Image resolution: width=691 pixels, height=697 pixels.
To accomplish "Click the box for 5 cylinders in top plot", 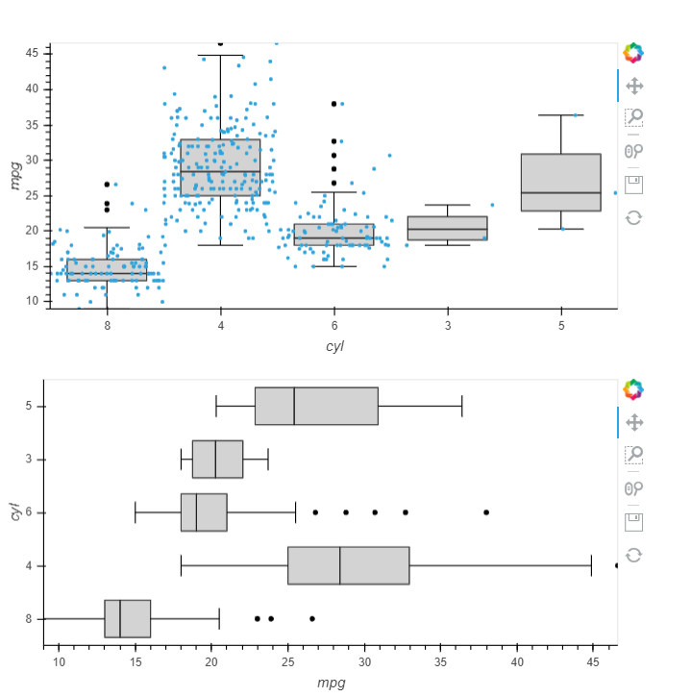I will click(560, 183).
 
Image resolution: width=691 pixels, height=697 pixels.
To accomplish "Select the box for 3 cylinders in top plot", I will click(447, 228).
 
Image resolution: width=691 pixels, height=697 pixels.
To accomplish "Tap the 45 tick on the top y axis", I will click(32, 53).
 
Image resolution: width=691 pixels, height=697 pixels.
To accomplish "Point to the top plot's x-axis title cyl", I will click(333, 346).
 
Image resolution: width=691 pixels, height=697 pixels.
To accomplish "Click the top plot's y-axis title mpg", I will click(14, 175).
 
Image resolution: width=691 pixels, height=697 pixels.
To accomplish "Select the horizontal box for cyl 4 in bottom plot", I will click(348, 565).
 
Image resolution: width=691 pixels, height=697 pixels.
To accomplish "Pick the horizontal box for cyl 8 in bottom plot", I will click(127, 618).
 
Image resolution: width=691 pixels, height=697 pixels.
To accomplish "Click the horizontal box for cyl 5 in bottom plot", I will click(316, 406).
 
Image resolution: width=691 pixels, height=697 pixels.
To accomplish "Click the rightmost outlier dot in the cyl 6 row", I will click(486, 512).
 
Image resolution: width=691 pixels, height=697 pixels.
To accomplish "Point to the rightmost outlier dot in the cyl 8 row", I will click(312, 618).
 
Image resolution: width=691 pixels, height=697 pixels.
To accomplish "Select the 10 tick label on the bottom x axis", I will click(59, 661).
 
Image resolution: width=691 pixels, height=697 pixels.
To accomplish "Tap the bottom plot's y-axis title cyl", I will click(14, 512).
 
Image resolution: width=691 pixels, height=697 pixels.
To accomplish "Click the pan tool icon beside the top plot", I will click(633, 86).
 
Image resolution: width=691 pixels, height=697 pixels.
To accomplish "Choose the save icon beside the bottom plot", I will click(633, 521).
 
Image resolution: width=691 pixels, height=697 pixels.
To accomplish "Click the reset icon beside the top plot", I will click(633, 217).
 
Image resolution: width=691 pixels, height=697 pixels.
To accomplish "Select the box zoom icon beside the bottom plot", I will click(633, 455).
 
